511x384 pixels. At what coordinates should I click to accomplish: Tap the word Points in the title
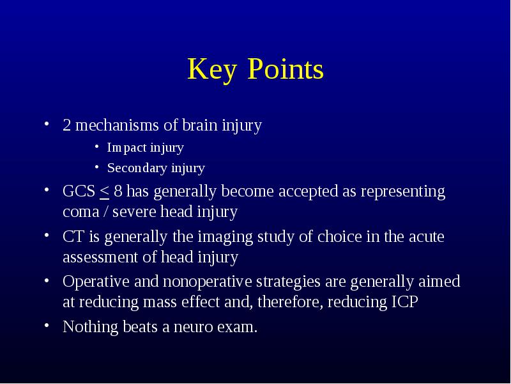(286, 68)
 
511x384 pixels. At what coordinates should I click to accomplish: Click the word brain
(200, 125)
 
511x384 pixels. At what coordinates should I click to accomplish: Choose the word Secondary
(137, 168)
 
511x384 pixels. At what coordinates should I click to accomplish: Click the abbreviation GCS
(79, 191)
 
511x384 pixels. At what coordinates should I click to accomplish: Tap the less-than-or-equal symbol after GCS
(104, 193)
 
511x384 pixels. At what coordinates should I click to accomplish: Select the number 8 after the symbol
(118, 191)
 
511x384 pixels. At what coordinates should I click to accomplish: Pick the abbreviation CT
(73, 237)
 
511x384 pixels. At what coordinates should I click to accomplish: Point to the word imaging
(225, 237)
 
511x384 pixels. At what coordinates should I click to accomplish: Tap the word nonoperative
(207, 282)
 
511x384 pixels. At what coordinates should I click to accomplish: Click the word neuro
(194, 328)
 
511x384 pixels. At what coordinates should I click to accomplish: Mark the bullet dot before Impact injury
(97, 147)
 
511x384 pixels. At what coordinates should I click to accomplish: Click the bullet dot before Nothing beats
(47, 326)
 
